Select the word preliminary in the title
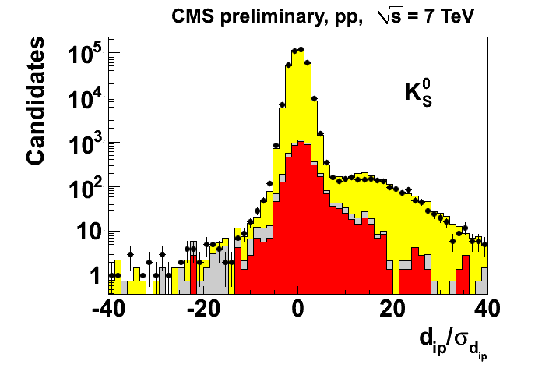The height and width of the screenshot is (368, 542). click(x=258, y=16)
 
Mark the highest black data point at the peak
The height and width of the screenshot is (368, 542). click(x=301, y=50)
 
